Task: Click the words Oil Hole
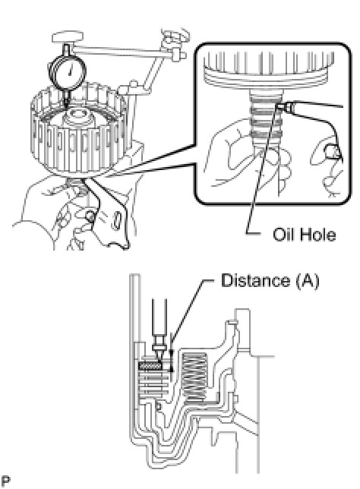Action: (x=304, y=235)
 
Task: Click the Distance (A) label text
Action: (x=270, y=281)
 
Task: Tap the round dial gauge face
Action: (x=68, y=72)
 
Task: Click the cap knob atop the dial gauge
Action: (x=68, y=37)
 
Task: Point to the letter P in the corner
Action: (x=5, y=481)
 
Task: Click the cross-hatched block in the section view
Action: (x=150, y=366)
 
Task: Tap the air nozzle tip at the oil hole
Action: (x=280, y=106)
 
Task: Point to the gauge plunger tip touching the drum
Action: (x=67, y=106)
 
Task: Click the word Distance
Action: (x=255, y=280)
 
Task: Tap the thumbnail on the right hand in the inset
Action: (x=330, y=152)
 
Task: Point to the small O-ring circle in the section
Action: (x=158, y=406)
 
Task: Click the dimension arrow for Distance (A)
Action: (x=171, y=361)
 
